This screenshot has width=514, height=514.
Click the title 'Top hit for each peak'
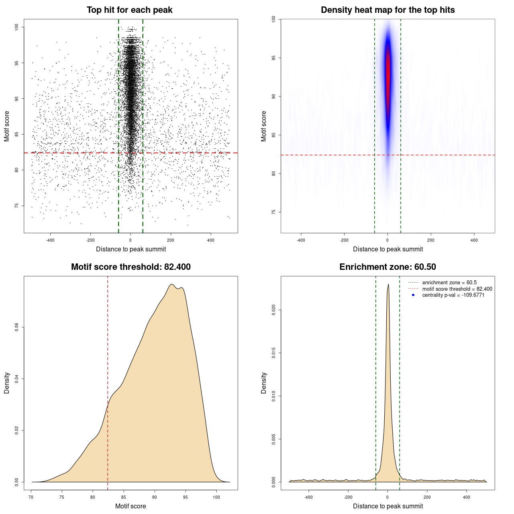(x=130, y=10)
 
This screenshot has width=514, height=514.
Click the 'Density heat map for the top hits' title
(x=388, y=10)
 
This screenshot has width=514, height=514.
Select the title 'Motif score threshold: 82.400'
(x=131, y=267)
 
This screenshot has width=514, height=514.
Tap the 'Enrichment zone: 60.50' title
(x=388, y=267)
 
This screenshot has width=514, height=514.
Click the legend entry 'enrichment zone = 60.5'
(x=449, y=283)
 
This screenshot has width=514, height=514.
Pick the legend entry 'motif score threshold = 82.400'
(x=457, y=289)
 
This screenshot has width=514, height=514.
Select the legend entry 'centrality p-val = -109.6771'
(x=453, y=295)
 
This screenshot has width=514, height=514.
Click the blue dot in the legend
(x=413, y=295)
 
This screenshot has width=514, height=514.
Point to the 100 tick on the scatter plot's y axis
(x=17, y=27)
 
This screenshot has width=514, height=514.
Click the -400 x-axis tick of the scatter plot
(x=50, y=240)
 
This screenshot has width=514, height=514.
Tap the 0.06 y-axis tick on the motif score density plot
(x=17, y=328)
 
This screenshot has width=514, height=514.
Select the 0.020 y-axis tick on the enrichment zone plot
(x=274, y=310)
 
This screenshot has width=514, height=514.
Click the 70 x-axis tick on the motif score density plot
(x=31, y=497)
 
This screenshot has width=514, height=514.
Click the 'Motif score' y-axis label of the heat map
(x=264, y=126)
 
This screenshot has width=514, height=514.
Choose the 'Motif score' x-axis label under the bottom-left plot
(x=131, y=506)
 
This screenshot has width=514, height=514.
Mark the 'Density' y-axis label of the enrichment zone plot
(x=264, y=383)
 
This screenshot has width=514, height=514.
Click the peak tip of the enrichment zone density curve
(x=388, y=285)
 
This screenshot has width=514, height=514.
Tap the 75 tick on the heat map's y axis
(x=274, y=212)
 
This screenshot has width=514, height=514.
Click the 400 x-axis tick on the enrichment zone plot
(x=467, y=497)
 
